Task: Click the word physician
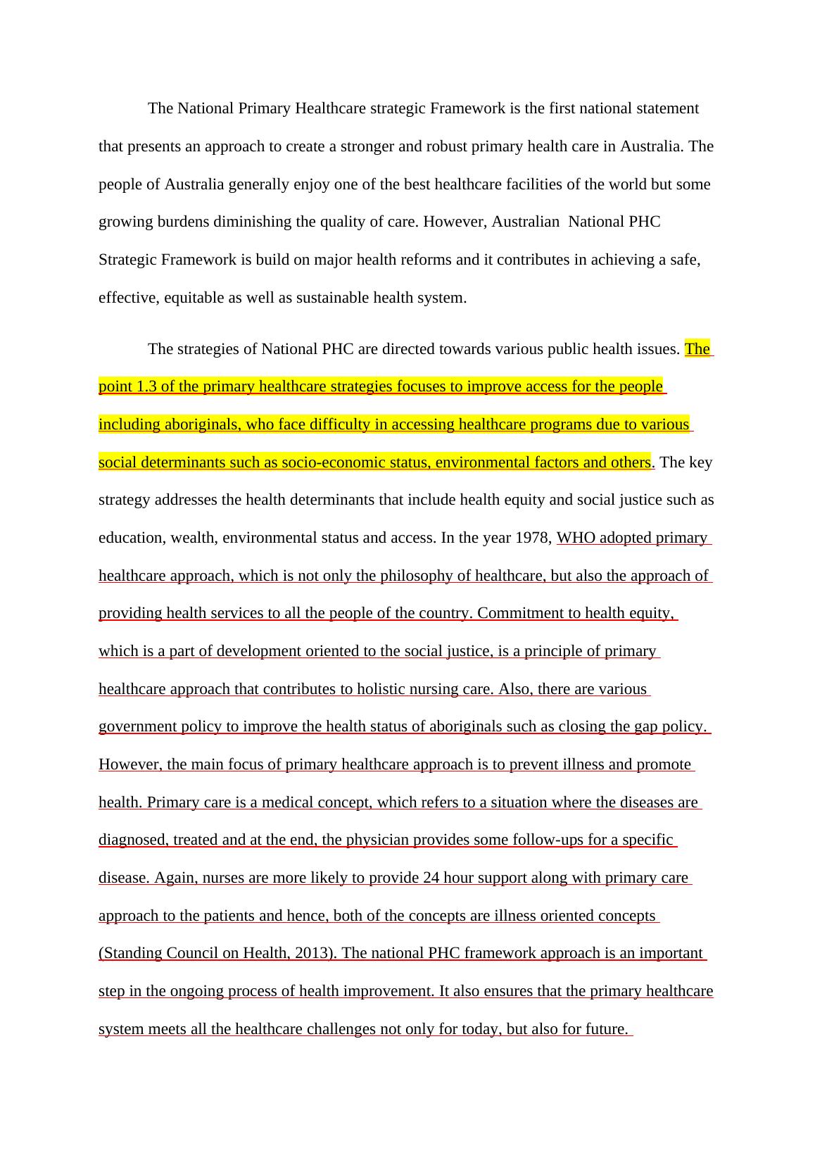coord(380,840)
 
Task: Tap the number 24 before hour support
coord(431,878)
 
